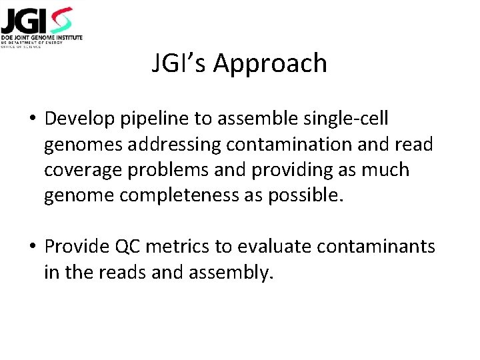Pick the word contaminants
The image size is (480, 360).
tap(377, 247)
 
